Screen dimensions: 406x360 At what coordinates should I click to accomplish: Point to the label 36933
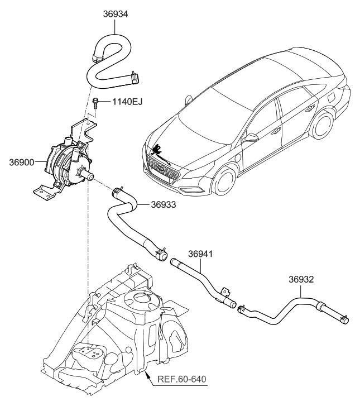[x=164, y=205]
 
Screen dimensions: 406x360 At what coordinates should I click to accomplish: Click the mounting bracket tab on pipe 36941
[x=226, y=291]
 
